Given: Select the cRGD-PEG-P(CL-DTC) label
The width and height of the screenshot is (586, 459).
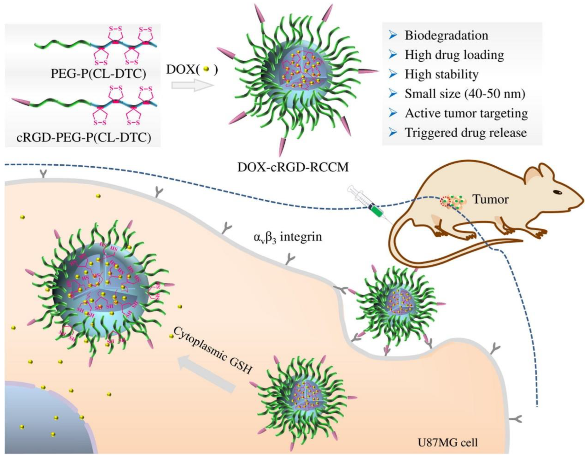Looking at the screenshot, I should (x=84, y=138).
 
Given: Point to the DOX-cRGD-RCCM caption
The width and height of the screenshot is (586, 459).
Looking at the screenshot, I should (x=293, y=167).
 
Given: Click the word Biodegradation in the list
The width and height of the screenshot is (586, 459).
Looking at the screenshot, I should (x=446, y=35).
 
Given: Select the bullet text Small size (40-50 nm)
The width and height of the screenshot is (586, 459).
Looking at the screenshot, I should (x=465, y=94).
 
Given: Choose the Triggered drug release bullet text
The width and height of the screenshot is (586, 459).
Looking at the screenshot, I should (x=466, y=133).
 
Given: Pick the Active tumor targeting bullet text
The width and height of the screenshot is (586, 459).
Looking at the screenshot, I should (x=466, y=113).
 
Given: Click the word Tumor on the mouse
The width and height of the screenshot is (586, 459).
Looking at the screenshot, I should (x=490, y=199).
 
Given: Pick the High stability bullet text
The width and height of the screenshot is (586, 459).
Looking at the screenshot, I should (x=441, y=74).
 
